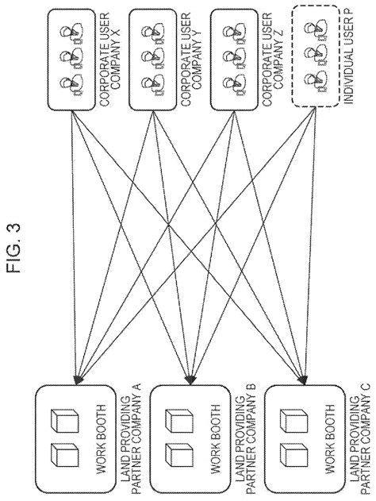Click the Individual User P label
click(349, 60)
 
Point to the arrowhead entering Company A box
click(78, 380)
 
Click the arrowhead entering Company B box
click(190, 380)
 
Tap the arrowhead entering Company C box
click(302, 380)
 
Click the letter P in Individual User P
click(349, 18)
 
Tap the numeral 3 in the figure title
click(13, 228)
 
